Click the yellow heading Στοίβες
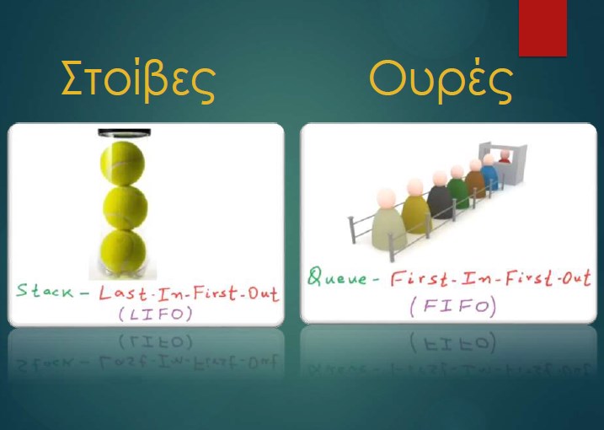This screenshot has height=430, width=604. click(138, 81)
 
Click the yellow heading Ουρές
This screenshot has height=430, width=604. click(441, 81)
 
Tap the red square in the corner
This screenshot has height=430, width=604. click(543, 28)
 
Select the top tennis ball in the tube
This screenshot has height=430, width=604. click(122, 163)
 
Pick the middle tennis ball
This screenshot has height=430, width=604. click(126, 207)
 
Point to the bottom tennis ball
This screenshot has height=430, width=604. click(123, 251)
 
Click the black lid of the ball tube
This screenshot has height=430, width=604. click(124, 133)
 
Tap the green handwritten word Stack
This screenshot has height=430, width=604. click(45, 290)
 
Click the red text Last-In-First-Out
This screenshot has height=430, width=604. click(189, 293)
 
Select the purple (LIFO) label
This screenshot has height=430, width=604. click(155, 314)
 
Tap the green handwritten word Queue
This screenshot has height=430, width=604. click(338, 277)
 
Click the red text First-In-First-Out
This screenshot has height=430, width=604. click(491, 278)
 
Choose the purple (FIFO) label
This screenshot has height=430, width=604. click(453, 307)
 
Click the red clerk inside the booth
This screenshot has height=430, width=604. click(505, 156)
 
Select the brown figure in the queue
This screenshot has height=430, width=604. click(475, 178)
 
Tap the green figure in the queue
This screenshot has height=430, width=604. click(458, 187)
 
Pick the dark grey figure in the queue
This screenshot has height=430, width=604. click(440, 195)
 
